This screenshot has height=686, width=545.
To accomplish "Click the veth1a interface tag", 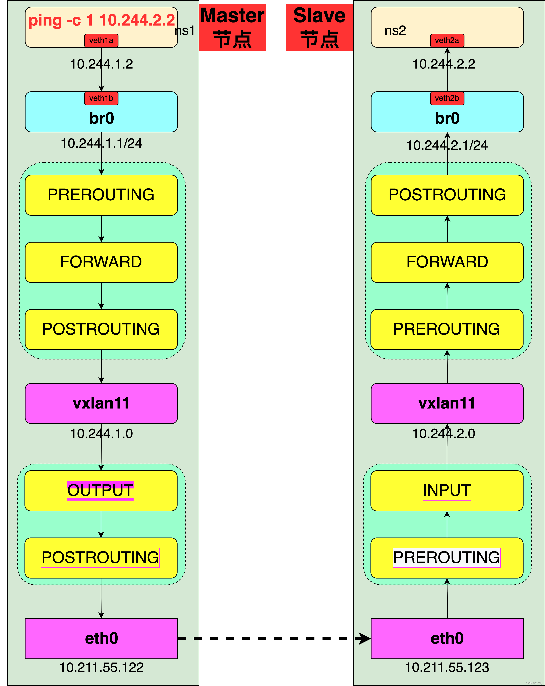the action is (101, 40).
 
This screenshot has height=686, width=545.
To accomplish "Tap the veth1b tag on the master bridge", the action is (101, 98).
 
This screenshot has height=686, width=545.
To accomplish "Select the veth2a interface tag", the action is (447, 40).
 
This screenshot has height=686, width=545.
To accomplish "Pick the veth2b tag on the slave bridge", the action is (447, 98).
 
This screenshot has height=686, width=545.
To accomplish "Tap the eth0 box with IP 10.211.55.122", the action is (101, 638).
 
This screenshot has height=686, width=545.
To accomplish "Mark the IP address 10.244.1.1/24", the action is (101, 143).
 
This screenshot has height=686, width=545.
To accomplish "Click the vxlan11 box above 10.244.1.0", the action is (101, 403).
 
